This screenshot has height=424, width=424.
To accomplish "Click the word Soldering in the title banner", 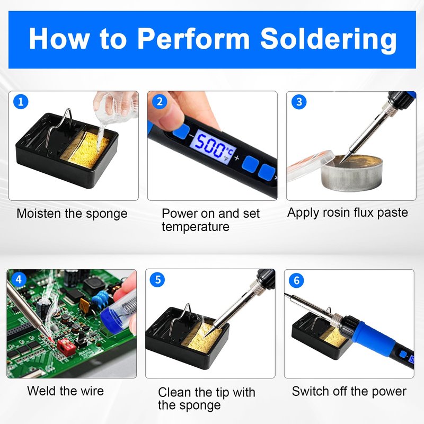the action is [328, 40].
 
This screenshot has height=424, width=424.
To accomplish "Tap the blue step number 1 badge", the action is [21, 102].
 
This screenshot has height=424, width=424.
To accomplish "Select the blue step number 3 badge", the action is [299, 102].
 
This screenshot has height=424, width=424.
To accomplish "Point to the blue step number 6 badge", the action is [296, 280].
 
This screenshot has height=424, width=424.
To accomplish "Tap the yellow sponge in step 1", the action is [88, 149].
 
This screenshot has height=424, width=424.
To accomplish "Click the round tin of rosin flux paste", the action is [352, 173].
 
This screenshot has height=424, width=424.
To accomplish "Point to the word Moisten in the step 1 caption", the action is [39, 214].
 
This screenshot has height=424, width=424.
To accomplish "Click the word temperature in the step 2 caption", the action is [196, 227].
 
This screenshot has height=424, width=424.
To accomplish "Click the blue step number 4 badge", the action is [19, 279].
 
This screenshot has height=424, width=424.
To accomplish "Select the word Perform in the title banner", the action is [193, 40].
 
